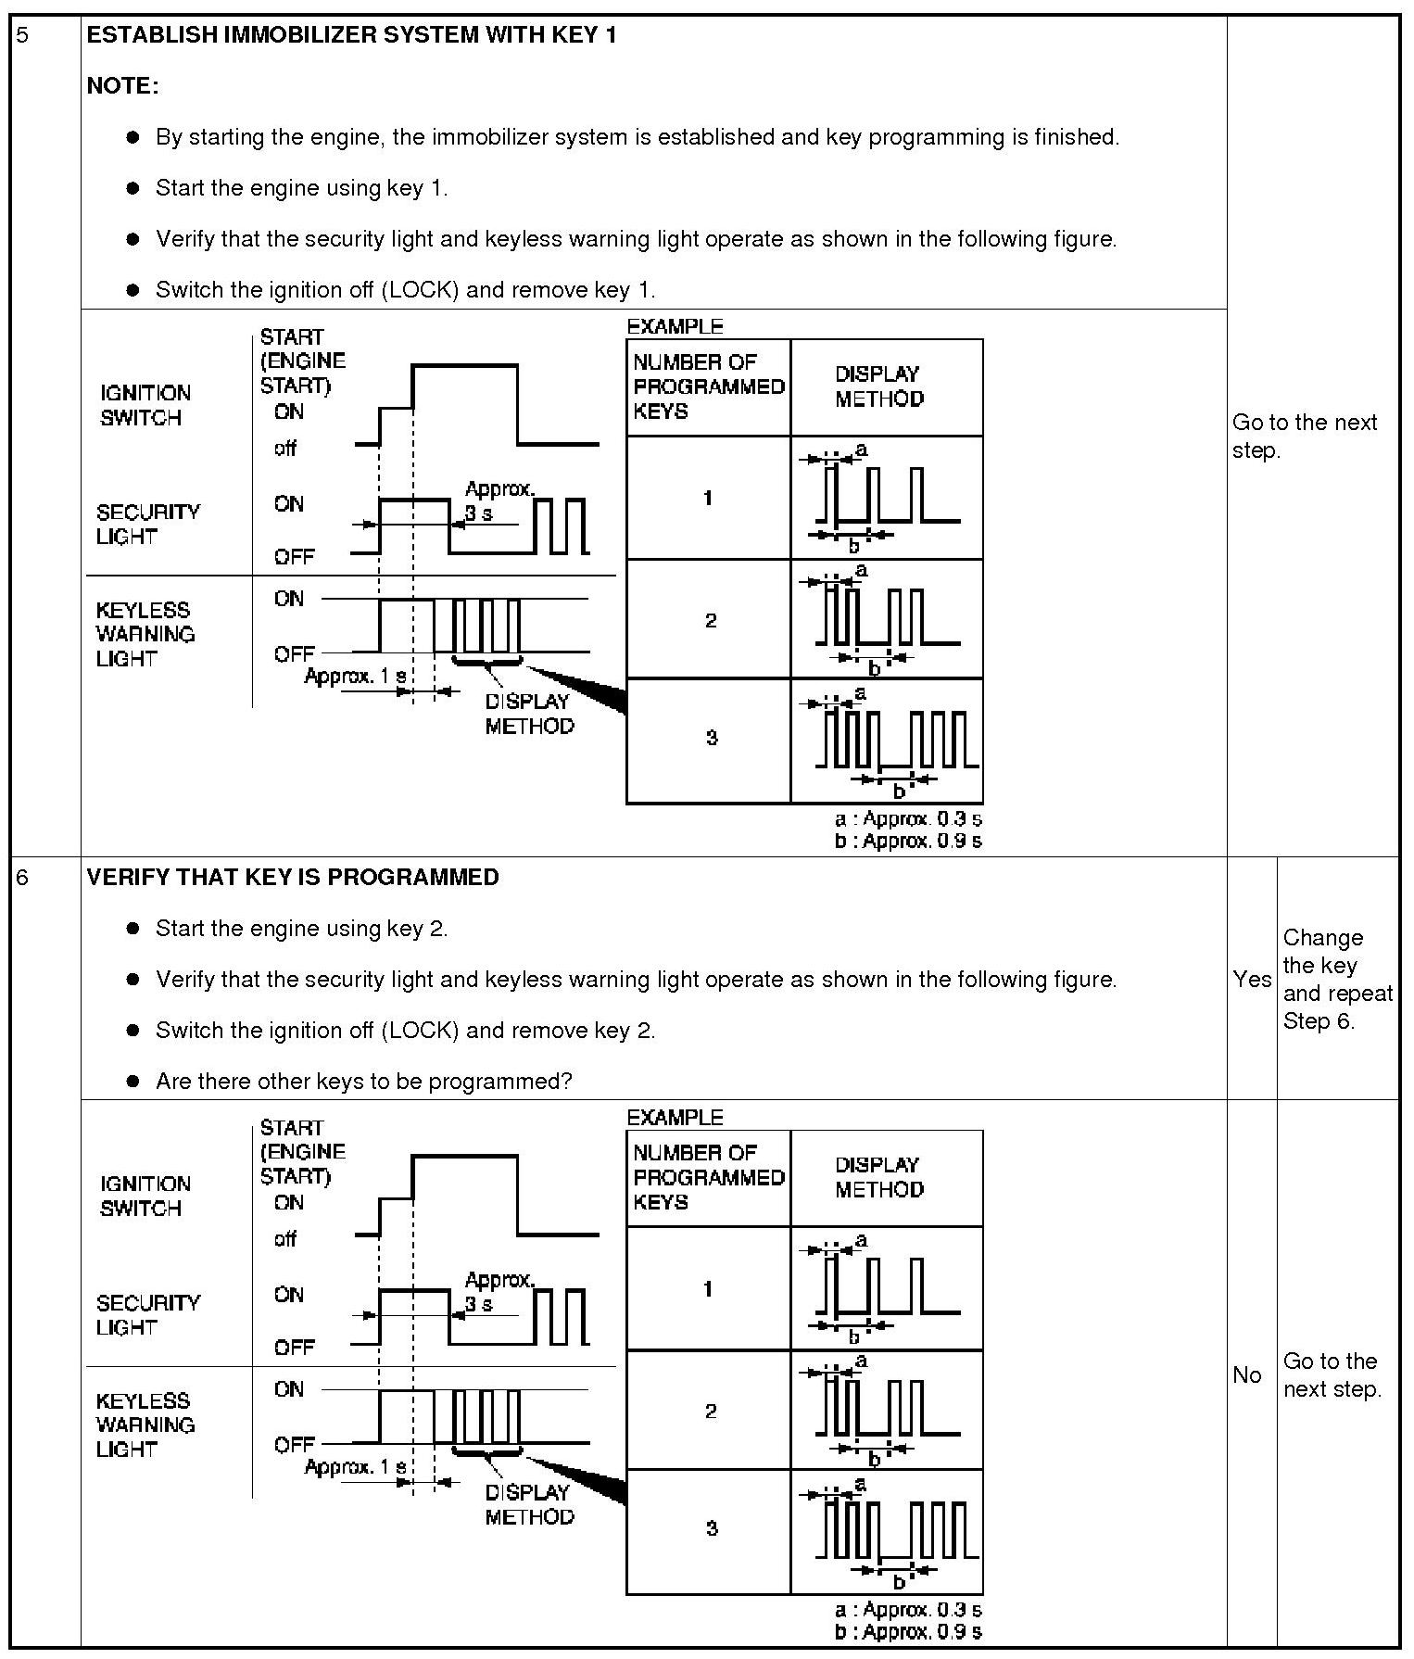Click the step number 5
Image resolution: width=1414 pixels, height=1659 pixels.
(23, 36)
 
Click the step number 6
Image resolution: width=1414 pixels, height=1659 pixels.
(23, 877)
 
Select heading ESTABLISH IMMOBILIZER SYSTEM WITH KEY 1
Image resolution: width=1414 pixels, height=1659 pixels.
(351, 36)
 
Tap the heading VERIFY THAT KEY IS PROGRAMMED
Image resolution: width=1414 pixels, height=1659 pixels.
(293, 877)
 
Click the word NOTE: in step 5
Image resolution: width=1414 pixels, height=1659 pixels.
(122, 86)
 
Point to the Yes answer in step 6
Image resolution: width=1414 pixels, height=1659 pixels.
(1252, 979)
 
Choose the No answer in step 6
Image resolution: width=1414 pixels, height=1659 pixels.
(1247, 1374)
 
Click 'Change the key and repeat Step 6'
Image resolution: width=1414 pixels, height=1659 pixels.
(1336, 979)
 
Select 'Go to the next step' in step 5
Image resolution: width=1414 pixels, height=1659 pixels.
(1304, 436)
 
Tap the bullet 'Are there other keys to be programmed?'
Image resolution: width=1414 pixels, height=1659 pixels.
(363, 1081)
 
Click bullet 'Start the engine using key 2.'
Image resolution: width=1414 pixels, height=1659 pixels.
(301, 928)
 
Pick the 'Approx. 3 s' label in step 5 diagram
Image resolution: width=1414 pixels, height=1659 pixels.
(499, 500)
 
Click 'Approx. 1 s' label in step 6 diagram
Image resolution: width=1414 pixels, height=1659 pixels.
(355, 1467)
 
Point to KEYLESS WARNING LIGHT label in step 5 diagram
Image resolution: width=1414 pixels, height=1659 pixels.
(145, 634)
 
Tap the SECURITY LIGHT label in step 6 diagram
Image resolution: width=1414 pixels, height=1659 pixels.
(147, 1314)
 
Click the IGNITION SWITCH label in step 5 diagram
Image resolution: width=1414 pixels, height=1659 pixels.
(145, 405)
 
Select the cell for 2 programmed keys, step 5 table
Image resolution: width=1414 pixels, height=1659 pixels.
(709, 620)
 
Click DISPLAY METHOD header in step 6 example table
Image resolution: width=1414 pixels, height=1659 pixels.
(878, 1177)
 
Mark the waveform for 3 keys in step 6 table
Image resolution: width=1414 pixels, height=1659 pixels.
(888, 1532)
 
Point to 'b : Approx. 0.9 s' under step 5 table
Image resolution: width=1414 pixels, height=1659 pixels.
(907, 842)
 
